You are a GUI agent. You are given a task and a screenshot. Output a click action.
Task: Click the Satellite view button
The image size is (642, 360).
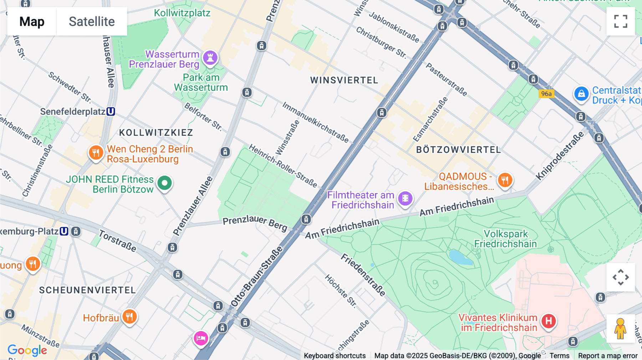pos(92,21)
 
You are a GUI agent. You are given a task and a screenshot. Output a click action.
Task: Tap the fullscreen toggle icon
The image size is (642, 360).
pos(621,21)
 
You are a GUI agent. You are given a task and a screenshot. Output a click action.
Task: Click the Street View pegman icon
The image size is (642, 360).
pos(620,328)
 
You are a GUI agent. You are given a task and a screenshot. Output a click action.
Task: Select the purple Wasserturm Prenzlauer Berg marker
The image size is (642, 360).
pos(210,58)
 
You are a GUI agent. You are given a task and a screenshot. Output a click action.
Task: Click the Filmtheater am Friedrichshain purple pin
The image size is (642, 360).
pos(405,198)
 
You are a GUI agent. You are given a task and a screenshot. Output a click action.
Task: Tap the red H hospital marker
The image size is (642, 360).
pos(549,321)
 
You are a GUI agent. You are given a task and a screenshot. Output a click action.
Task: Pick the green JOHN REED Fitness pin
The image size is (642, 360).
pos(164,183)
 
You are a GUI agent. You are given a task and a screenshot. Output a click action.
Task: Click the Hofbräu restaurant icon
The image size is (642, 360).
pos(129,317)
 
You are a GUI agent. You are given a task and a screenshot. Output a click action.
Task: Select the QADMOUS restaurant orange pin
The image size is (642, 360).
pos(505,180)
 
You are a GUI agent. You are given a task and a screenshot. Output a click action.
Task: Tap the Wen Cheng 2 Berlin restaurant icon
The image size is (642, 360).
pos(96,153)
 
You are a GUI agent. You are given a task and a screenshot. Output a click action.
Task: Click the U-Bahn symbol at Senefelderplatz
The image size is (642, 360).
pos(111,112)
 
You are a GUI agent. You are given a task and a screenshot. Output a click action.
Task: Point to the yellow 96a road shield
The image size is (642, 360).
pos(546,94)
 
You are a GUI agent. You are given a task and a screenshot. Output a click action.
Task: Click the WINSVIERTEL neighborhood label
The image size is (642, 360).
pos(344,80)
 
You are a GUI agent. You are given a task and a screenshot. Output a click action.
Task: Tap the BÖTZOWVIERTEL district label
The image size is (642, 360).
pos(459,150)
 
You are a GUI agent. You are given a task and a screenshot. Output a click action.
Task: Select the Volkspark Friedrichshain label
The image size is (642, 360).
pos(505,239)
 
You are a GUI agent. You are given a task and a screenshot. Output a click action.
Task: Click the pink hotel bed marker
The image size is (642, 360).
pos(201,338)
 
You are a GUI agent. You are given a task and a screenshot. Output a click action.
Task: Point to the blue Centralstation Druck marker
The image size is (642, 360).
pos(581,94)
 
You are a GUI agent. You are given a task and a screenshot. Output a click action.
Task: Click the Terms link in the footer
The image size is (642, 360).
pos(559,355)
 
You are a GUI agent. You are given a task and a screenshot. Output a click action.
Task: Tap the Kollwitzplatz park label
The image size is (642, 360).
pos(182,13)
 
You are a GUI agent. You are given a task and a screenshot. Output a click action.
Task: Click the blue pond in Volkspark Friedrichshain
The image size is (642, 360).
pos(460,257)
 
